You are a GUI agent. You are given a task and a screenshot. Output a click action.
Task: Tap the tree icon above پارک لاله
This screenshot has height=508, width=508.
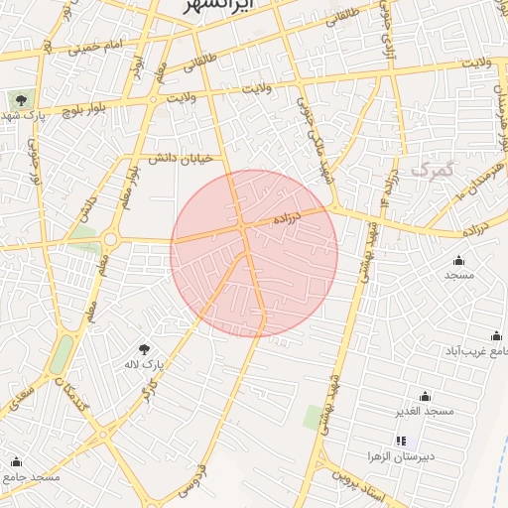(x=145, y=349)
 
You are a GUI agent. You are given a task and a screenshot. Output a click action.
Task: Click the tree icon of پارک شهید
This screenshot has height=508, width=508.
(x=20, y=99)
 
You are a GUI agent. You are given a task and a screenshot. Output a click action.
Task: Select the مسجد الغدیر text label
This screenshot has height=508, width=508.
(x=426, y=411)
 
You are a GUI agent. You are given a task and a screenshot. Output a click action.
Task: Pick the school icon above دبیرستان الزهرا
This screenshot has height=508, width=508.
(x=401, y=441)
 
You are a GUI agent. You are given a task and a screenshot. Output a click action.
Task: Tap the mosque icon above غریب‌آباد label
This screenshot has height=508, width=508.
(x=496, y=336)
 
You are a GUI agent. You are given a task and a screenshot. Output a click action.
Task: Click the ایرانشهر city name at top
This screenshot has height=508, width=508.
(x=219, y=6)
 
